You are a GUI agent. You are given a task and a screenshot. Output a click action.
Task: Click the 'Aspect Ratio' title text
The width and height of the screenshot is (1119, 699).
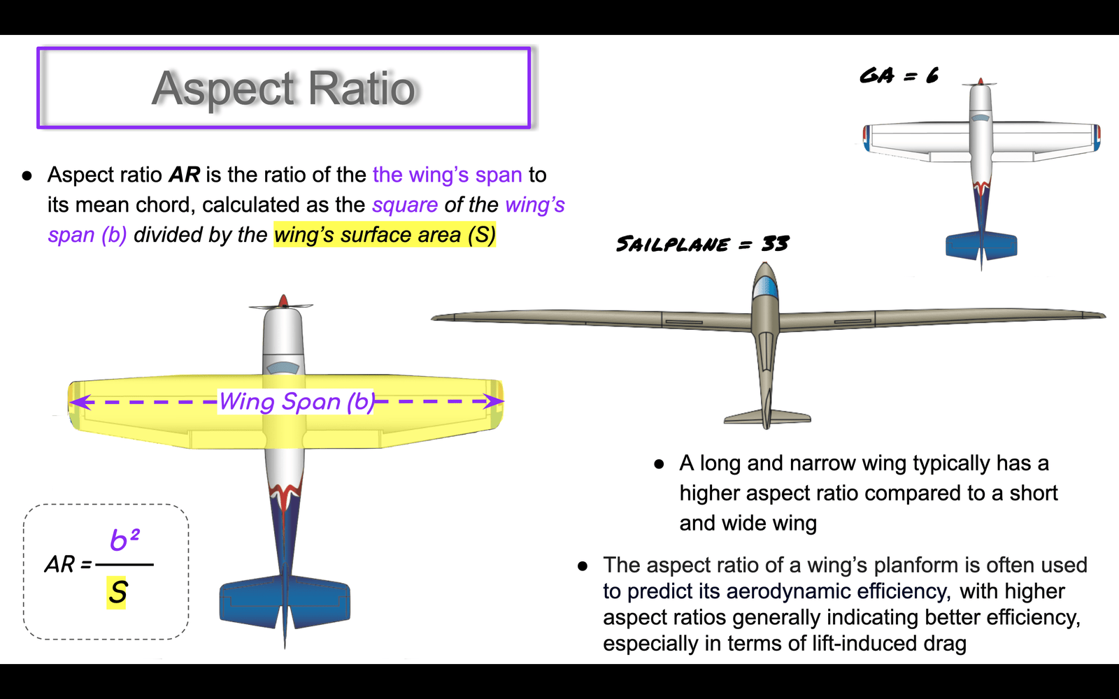[284, 89]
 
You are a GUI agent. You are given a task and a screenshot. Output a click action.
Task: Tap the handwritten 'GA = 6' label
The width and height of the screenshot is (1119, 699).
[899, 76]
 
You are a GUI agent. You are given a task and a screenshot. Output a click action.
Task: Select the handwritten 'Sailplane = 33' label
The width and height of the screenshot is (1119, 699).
[702, 244]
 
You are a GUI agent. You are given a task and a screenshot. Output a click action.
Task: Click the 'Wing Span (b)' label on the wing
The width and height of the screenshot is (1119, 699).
[297, 401]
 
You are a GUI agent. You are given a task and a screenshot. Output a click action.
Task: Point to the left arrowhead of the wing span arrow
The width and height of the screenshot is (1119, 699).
[80, 401]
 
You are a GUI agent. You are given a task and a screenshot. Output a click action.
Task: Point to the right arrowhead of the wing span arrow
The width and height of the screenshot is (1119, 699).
[494, 401]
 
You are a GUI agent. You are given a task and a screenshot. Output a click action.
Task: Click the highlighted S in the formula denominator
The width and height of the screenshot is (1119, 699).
[117, 593]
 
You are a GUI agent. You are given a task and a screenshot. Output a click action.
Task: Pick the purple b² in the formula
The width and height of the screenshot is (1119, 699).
[124, 540]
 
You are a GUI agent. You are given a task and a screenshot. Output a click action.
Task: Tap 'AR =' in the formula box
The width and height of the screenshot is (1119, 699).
[69, 565]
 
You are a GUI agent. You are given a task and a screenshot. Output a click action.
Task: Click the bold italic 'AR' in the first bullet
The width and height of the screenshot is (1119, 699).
[185, 175]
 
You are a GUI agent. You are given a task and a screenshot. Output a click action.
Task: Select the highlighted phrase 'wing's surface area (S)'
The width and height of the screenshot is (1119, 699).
[385, 235]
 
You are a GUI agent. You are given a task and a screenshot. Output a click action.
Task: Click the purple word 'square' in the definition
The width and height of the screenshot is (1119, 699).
[405, 206]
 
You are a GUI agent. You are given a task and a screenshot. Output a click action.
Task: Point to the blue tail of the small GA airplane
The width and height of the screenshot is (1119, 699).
[981, 246]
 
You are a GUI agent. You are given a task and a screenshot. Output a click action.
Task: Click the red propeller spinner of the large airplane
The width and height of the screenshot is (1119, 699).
[283, 301]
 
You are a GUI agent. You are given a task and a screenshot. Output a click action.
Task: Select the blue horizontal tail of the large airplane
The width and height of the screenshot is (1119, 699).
[285, 603]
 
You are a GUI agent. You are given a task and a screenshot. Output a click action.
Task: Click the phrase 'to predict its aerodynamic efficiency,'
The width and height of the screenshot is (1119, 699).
[778, 591]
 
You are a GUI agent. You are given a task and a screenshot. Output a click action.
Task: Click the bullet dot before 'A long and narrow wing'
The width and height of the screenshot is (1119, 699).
[659, 464]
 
